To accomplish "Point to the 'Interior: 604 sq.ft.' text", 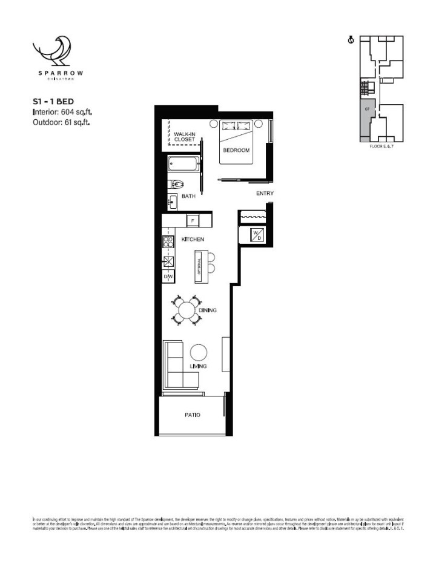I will pyautogui.click(x=62, y=112).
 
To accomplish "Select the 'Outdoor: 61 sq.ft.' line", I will pyautogui.click(x=61, y=122).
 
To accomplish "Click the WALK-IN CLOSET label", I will pyautogui.click(x=185, y=136).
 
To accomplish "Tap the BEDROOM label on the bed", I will pyautogui.click(x=236, y=150).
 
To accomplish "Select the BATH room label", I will pyautogui.click(x=188, y=196).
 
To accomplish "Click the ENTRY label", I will pyautogui.click(x=265, y=194).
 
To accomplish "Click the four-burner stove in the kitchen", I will pyautogui.click(x=168, y=241).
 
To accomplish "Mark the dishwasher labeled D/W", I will pyautogui.click(x=168, y=277).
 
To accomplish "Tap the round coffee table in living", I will pyautogui.click(x=199, y=352).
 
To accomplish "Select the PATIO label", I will pyautogui.click(x=193, y=415).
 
